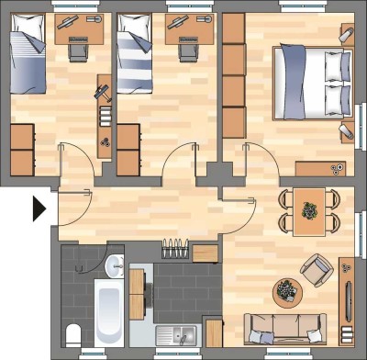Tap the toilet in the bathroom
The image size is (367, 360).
(x=72, y=332)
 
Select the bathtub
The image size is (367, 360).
(x=108, y=312)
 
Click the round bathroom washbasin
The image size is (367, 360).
(x=114, y=267)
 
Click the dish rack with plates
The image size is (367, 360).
(x=175, y=249)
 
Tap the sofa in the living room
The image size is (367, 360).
(x=284, y=327)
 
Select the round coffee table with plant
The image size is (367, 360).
(x=287, y=293)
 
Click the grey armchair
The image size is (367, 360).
(x=316, y=268)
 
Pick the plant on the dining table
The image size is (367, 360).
(x=310, y=210)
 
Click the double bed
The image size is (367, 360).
(x=310, y=82)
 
